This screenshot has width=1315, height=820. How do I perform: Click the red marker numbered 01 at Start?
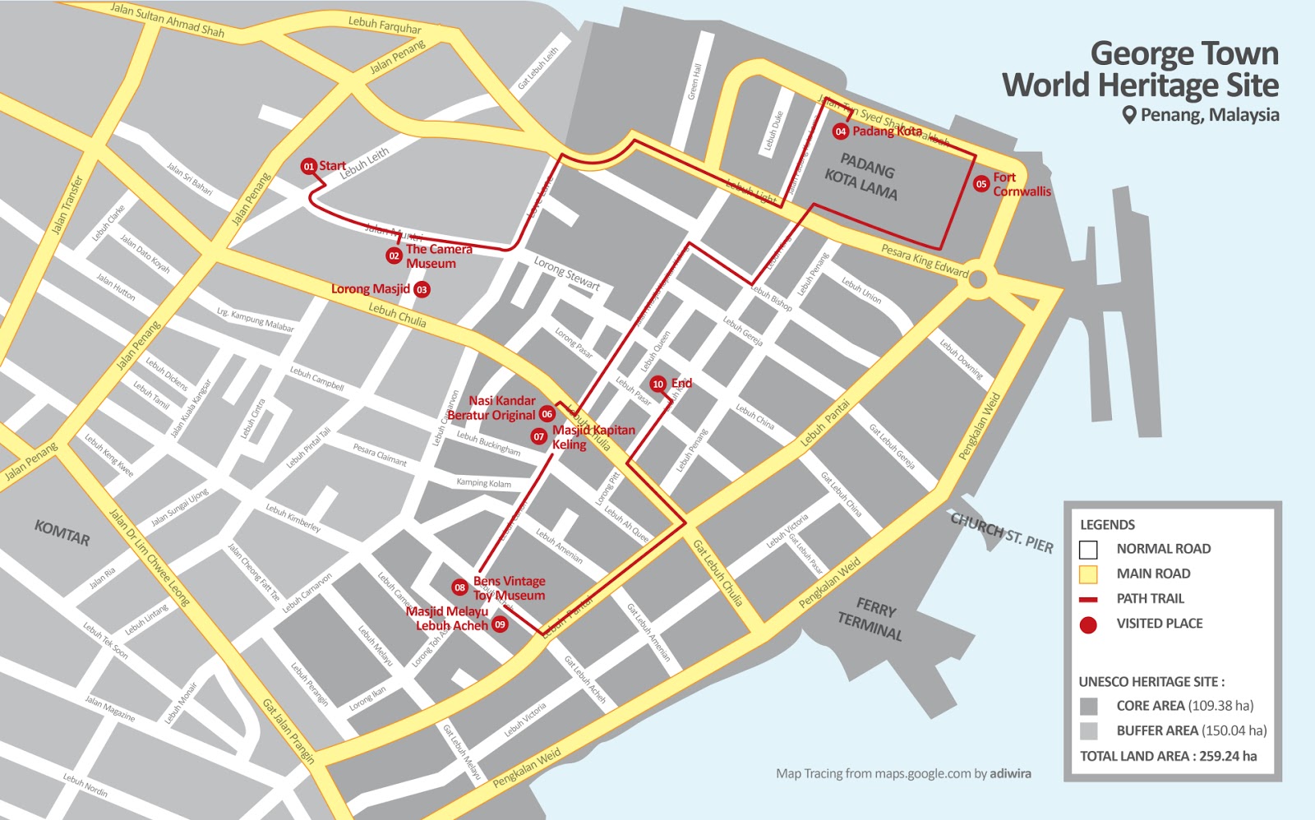pos(308,166)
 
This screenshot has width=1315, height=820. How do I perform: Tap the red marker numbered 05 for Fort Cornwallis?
pos(980,184)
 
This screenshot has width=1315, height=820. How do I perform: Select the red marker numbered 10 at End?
pos(657,384)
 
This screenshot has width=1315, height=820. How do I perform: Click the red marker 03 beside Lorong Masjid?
pos(422,289)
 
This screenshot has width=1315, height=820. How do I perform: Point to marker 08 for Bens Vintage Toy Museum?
pos(460,587)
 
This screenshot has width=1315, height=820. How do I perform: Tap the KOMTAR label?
pos(62,532)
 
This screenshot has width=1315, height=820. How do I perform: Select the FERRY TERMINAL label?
pos(872,620)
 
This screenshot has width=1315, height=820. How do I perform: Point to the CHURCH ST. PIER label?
pos(1001,532)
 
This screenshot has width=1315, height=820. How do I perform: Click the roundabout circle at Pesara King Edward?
pos(977,279)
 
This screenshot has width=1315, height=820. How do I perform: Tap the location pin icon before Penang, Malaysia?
pos(1129,115)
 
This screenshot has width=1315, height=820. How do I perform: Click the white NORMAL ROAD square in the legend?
pos(1088,550)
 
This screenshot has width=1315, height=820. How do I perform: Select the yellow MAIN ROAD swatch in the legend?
pos(1088,574)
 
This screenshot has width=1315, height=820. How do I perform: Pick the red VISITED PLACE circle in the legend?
pos(1088,624)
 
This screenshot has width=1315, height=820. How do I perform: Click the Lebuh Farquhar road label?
pos(385,25)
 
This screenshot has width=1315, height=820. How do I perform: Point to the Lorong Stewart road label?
pos(566,274)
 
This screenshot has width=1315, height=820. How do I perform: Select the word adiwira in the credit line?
pos(1010,773)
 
